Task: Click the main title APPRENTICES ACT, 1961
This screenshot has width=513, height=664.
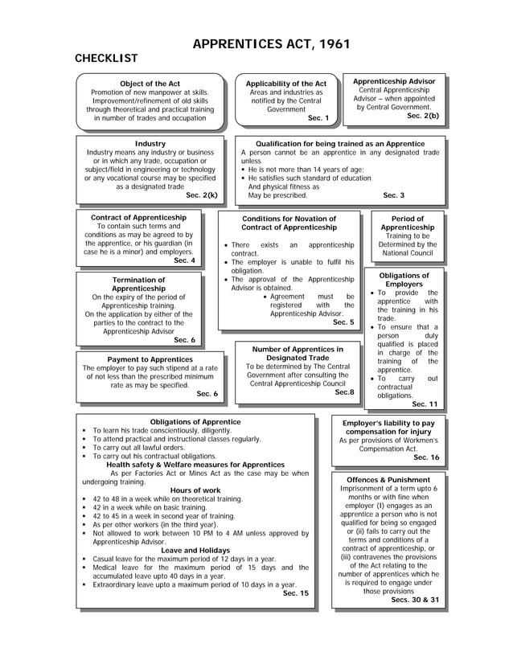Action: (x=271, y=44)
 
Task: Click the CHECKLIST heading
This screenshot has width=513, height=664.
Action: (x=106, y=59)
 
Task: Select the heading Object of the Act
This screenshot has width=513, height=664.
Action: (x=150, y=84)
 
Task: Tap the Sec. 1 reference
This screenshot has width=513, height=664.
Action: (x=318, y=117)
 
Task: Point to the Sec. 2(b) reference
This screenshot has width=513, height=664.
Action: (x=423, y=116)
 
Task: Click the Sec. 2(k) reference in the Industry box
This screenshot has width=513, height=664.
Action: (x=201, y=195)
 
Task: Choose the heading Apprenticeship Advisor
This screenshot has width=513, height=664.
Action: (x=394, y=81)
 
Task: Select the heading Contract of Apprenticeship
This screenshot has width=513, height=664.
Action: (x=139, y=217)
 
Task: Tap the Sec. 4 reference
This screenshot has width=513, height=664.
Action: (x=184, y=260)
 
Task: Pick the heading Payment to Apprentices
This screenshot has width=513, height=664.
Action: (x=150, y=359)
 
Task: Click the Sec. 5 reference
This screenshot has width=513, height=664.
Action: (x=343, y=322)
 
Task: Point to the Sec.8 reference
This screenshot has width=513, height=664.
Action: (x=344, y=392)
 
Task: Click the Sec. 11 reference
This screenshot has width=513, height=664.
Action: (x=425, y=404)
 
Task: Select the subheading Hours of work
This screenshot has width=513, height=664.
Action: (x=195, y=490)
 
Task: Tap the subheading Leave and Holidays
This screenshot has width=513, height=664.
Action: (x=195, y=550)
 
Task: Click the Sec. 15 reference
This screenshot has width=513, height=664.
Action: (x=296, y=593)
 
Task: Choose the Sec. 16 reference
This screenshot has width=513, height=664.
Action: (x=426, y=457)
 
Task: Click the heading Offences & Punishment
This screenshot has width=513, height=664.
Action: (x=388, y=480)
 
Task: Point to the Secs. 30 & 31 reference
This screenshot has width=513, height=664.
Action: (x=415, y=600)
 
